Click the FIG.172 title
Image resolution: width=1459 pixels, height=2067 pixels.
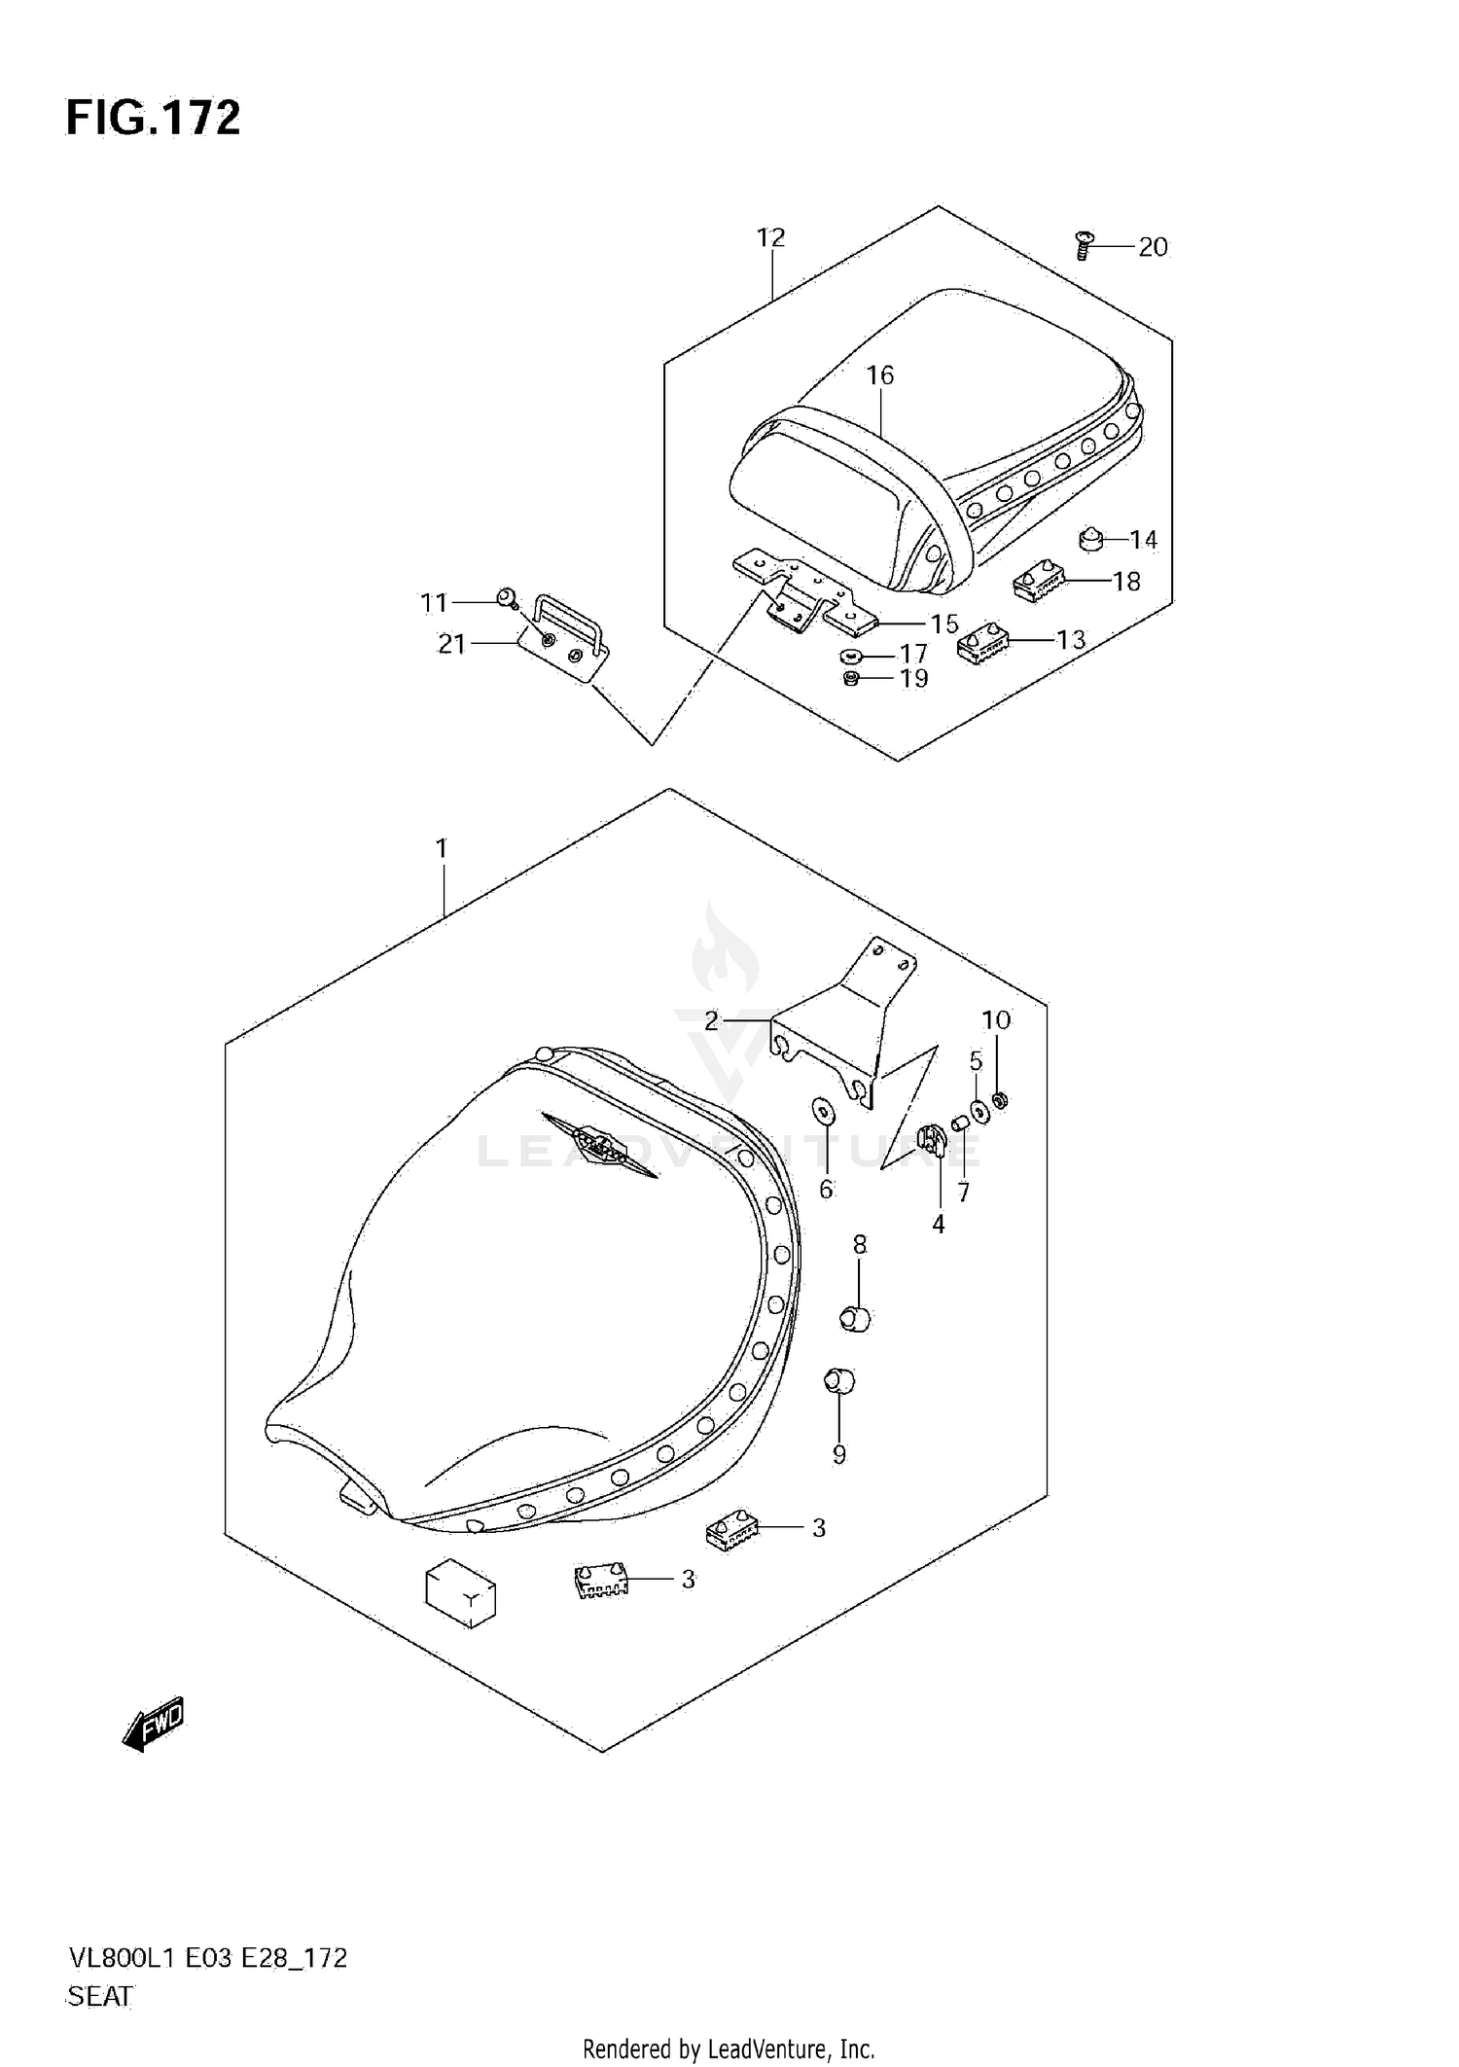[153, 119]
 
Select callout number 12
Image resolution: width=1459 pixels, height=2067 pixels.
[770, 237]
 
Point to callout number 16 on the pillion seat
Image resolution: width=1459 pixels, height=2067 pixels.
[879, 374]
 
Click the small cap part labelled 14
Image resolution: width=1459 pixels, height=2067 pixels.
[1091, 537]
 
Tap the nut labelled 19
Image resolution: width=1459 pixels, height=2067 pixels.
[851, 677]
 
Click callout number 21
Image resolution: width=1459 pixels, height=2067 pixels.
[451, 644]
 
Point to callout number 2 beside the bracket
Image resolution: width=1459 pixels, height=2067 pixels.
[711, 1020]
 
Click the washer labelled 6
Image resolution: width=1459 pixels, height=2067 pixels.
[822, 1110]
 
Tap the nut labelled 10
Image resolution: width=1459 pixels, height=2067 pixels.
[1000, 1101]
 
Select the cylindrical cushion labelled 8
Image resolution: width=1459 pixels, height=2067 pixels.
[855, 1318]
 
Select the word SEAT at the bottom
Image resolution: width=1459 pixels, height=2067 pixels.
[100, 1996]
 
